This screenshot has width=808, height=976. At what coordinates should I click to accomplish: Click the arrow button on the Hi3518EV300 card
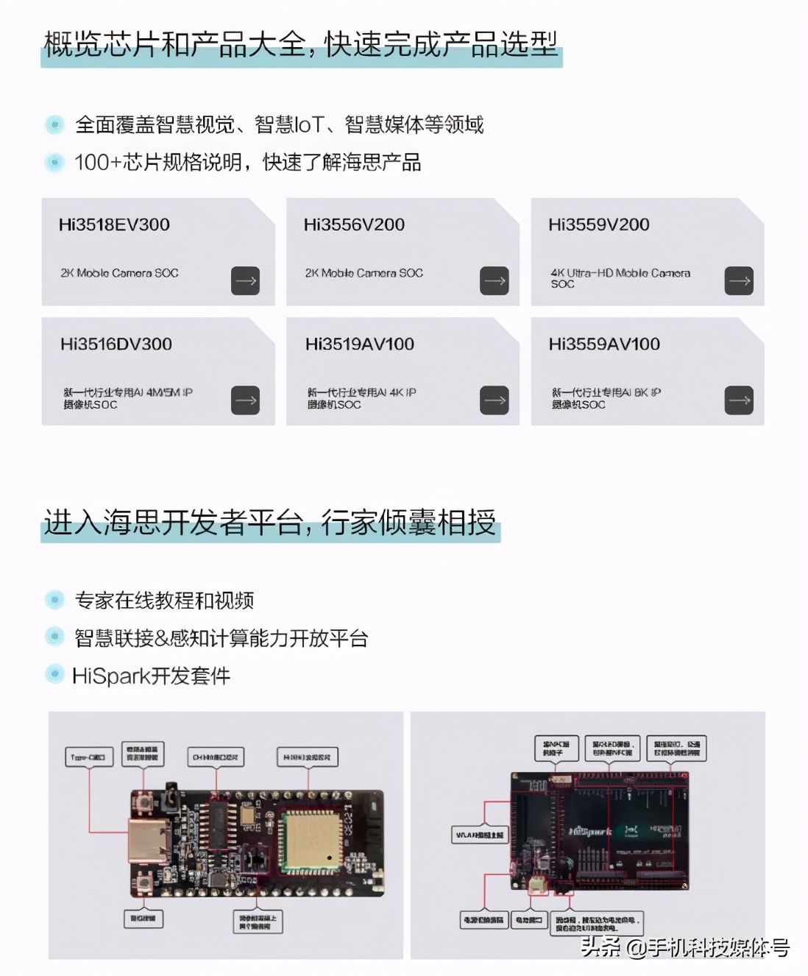coord(246,280)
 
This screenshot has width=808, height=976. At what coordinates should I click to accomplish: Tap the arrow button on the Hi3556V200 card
coord(495,280)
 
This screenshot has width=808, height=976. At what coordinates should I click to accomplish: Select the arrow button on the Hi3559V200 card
coord(739,280)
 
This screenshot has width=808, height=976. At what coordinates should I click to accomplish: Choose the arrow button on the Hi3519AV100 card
coord(495,400)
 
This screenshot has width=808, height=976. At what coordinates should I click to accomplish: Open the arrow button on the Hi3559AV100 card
coord(739,400)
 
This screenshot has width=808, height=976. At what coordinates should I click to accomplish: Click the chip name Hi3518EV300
coord(114,224)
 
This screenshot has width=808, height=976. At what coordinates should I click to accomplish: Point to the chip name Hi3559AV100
coord(604,344)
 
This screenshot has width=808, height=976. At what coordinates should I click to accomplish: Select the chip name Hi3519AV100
coord(360,344)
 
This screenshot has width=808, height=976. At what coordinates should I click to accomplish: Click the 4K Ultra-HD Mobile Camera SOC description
coord(620,277)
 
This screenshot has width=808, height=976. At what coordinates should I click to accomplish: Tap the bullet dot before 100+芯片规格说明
coord(55,162)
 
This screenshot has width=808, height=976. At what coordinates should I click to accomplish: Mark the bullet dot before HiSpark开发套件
coord(55,673)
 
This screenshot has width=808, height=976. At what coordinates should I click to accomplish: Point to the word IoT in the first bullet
coord(309,124)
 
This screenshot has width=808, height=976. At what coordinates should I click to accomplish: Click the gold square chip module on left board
coord(308,843)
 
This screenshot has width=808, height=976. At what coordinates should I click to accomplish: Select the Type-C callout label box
coord(89,757)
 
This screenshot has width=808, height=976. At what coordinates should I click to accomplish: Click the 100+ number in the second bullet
coord(98,162)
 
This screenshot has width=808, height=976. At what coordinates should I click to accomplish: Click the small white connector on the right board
coord(538,886)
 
